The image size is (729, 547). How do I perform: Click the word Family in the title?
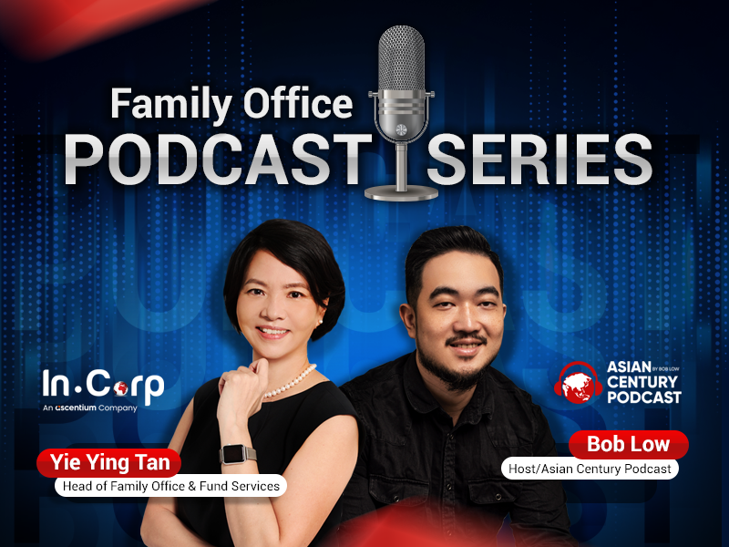coord(170,105)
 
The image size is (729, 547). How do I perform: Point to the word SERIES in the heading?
coord(539,159)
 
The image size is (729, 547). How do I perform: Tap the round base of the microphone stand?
coord(401,192)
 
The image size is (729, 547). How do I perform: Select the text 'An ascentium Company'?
coord(89,408)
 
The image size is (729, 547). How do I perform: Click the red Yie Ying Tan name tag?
coord(109,463)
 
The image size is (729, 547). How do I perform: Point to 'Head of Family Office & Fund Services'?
coord(170,486)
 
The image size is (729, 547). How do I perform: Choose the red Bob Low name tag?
coord(628,444)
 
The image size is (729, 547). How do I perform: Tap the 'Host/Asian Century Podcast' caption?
coord(590,469)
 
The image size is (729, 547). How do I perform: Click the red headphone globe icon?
coord(578,383)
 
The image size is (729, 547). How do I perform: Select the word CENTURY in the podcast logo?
coord(642,382)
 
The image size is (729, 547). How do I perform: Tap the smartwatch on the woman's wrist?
coord(236,454)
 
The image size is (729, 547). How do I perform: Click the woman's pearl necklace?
coord(291,382)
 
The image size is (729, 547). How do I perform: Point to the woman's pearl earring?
coord(320,322)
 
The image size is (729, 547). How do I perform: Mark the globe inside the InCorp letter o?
coord(120,388)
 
